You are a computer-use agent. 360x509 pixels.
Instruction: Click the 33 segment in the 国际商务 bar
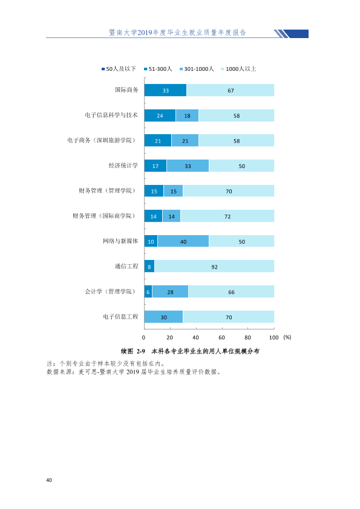coord(165,90)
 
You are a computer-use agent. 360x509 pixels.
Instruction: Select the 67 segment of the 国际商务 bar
coord(231,90)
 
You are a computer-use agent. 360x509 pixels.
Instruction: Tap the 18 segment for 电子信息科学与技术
coord(187,115)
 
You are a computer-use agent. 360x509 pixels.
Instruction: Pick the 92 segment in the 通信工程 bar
coord(214,266)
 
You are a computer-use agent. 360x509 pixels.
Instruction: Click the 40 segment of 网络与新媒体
coord(183,241)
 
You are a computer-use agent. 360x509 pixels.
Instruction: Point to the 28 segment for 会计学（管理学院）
coord(170,291)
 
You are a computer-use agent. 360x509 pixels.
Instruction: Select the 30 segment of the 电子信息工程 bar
coord(164,317)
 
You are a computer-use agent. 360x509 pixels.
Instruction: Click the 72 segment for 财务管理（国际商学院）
coord(227,216)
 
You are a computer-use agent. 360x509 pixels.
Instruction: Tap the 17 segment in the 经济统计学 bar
coord(155,166)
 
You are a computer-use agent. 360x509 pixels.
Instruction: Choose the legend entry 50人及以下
coord(119,69)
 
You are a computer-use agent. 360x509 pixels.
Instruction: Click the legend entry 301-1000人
coord(197,69)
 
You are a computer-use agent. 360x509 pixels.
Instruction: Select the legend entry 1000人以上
coord(238,69)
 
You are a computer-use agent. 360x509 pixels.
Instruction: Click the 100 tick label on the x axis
coord(274,337)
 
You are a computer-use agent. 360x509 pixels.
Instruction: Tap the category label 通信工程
coord(126,266)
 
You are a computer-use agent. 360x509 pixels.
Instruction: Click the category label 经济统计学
coord(123,166)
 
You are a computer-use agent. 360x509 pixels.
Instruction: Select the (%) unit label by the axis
coord(287,337)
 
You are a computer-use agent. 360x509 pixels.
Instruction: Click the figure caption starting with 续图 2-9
coord(190,351)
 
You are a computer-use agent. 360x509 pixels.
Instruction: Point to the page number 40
coord(49,480)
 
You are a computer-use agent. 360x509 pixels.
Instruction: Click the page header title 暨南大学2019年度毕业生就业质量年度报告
coord(177,33)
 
